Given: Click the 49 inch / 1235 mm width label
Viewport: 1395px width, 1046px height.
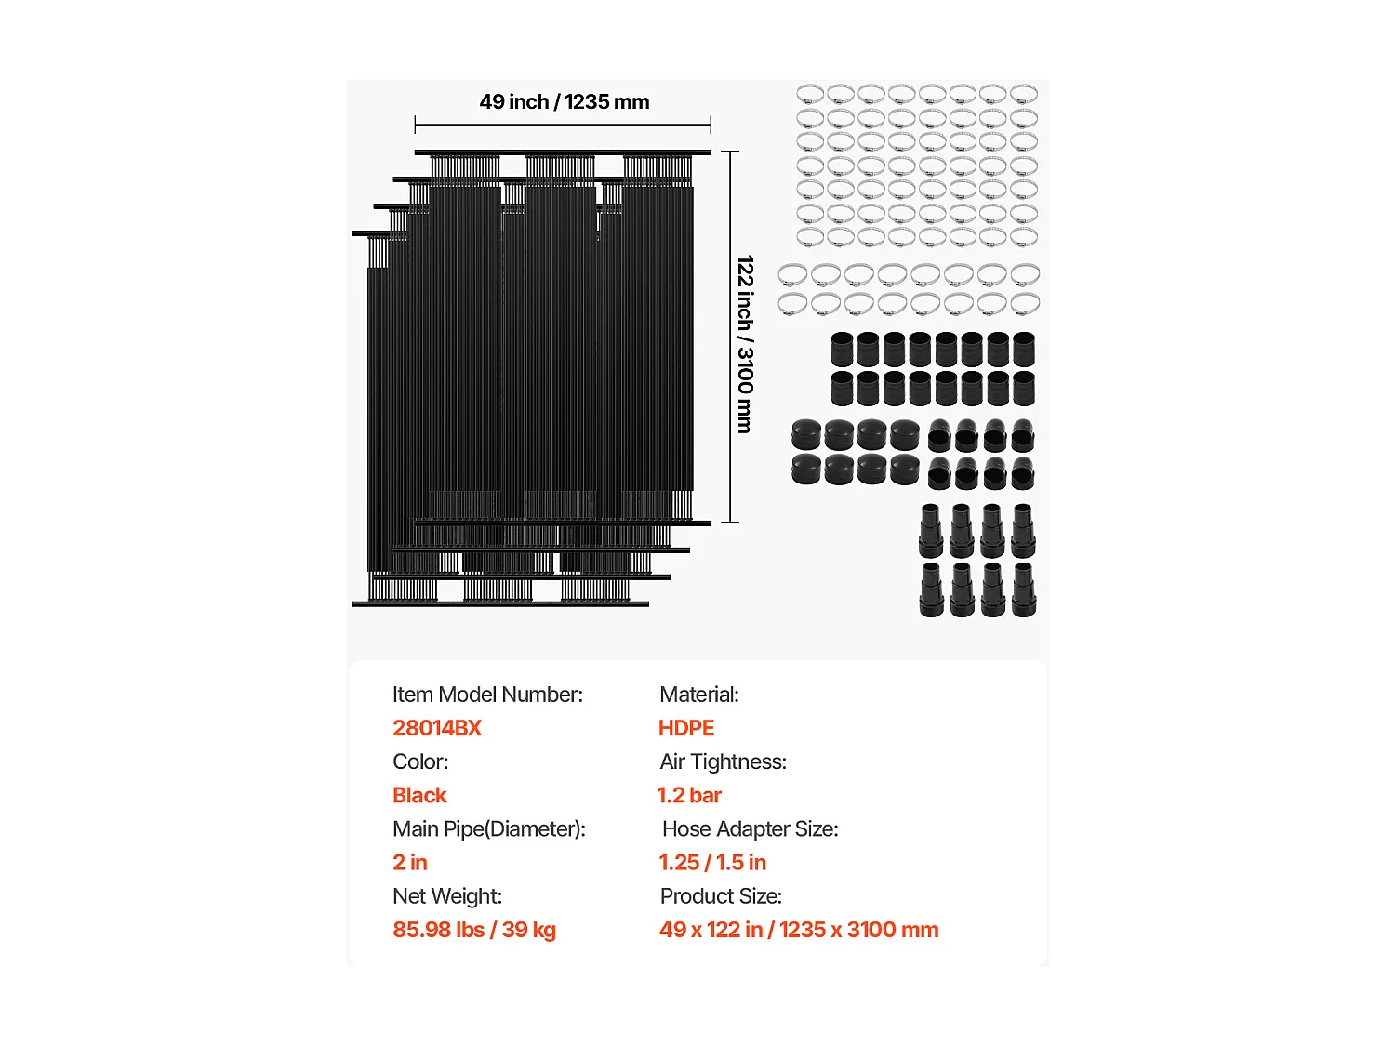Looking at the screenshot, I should click(x=565, y=102).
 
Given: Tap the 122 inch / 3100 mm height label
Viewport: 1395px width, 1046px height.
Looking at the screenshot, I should click(x=745, y=344).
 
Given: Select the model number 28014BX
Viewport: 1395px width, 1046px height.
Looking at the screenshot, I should click(x=437, y=728).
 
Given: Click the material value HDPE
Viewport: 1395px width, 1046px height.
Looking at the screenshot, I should click(x=686, y=728).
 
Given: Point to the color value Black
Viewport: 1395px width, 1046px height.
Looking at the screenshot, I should click(x=419, y=795).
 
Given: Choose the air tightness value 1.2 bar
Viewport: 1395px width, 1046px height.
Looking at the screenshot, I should click(x=689, y=795).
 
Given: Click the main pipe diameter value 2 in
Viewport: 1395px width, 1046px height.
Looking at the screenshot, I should click(x=410, y=862).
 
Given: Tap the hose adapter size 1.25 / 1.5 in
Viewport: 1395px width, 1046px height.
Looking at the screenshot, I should click(x=712, y=862).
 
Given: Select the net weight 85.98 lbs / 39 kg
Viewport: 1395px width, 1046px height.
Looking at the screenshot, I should click(x=474, y=929).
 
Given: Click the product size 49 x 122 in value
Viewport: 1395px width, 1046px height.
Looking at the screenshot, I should click(x=799, y=929).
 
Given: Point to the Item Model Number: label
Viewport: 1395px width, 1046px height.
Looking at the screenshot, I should click(x=487, y=695).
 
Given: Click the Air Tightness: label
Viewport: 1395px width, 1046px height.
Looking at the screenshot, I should click(x=723, y=761).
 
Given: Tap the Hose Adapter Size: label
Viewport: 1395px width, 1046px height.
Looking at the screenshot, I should click(x=750, y=828).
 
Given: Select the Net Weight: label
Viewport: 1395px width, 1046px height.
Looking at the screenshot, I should click(x=447, y=895).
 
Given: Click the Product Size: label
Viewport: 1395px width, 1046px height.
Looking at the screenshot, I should click(x=721, y=895).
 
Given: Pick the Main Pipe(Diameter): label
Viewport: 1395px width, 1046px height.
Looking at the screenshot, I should click(x=489, y=828).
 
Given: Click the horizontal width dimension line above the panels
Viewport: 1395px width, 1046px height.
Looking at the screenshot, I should click(x=563, y=125).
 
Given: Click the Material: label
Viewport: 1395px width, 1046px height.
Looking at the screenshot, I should click(x=699, y=695).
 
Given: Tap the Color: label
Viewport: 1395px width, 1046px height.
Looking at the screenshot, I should click(x=420, y=761).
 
